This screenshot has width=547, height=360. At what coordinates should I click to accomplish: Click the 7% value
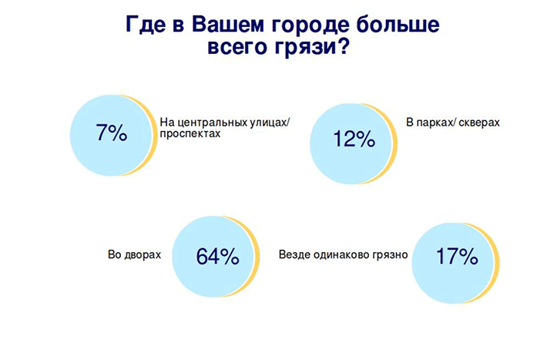coord(112,133)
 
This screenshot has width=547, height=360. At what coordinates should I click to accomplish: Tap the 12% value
coord(354,139)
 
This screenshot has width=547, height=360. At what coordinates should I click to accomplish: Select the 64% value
coord(218,256)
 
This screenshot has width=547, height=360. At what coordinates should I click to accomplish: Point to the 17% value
coord(457,256)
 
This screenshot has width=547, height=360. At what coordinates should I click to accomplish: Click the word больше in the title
coord(397,25)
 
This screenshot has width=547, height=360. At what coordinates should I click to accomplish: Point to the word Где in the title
coord(146,25)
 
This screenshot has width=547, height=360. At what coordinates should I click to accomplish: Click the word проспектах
coord(190,133)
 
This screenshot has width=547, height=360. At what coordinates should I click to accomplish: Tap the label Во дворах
coord(134,254)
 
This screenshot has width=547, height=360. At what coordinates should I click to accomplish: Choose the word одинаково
coord(344,254)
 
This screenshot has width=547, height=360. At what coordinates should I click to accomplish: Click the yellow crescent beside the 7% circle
coord(153,136)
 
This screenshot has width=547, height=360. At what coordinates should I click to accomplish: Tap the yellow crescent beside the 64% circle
coord(256,257)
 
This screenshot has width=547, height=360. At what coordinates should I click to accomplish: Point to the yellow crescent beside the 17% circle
coord(495,262)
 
